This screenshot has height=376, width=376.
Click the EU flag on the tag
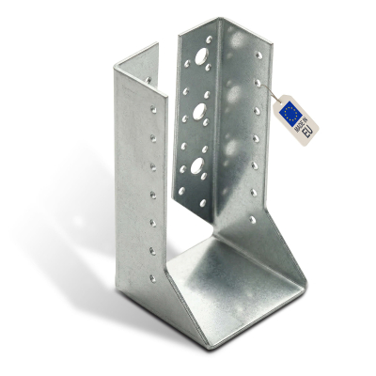(x=290, y=112)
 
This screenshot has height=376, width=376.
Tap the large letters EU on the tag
(x=307, y=133)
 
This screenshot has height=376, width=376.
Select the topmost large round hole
(x=200, y=55)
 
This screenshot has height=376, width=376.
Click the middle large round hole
(x=199, y=111)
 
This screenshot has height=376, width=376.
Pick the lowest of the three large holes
(x=197, y=165)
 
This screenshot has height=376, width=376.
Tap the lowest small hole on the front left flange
(x=152, y=278)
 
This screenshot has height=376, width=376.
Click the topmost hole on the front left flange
(x=153, y=109)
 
